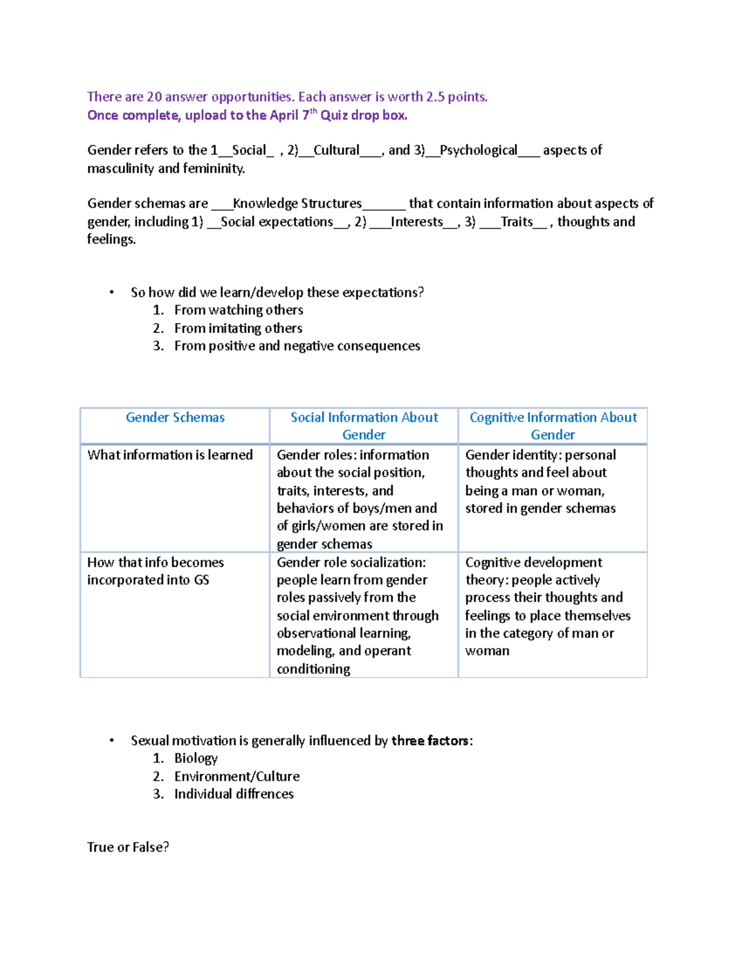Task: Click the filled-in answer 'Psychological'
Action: tap(478, 150)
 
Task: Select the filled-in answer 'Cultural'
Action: tap(336, 150)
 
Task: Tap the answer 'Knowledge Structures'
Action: tap(297, 204)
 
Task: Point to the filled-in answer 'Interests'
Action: tap(417, 222)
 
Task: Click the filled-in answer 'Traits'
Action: tap(516, 222)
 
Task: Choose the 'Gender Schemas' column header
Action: tap(175, 418)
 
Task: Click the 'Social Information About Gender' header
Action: tap(364, 426)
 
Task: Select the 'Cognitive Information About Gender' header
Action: tap(553, 426)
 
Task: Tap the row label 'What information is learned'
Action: tap(170, 455)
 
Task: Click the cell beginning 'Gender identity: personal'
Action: tap(540, 481)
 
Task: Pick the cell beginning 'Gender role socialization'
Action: tap(357, 615)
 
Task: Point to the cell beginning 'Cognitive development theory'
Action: tap(547, 606)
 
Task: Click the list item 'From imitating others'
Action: tap(238, 329)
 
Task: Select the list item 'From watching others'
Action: tap(239, 310)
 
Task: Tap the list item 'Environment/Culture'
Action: tap(237, 777)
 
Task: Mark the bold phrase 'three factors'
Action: tap(430, 741)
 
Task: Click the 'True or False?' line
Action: tap(128, 847)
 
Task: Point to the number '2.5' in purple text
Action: tap(435, 97)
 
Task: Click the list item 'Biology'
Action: tap(196, 759)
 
